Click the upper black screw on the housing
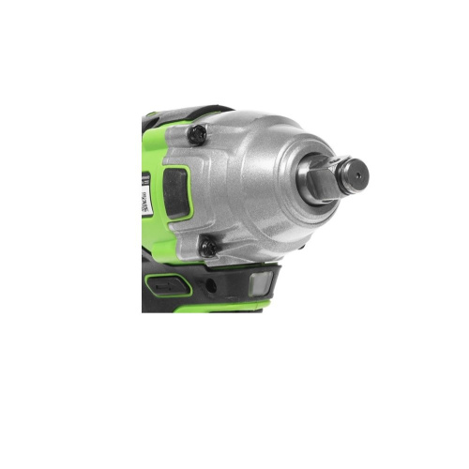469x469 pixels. point(196,134)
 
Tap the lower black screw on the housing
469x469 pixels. point(207,249)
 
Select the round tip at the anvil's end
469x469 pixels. point(354,172)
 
